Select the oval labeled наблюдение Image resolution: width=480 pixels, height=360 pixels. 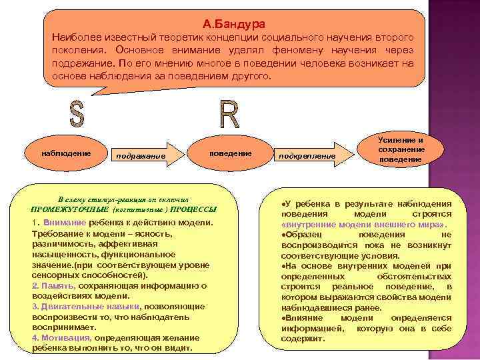click(66, 153)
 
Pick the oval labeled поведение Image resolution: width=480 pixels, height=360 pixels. click(230, 153)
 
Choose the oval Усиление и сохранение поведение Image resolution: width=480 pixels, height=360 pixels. click(400, 150)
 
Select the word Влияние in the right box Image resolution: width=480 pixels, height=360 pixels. click(304, 318)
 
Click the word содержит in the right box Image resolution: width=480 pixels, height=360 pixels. click(303, 339)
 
